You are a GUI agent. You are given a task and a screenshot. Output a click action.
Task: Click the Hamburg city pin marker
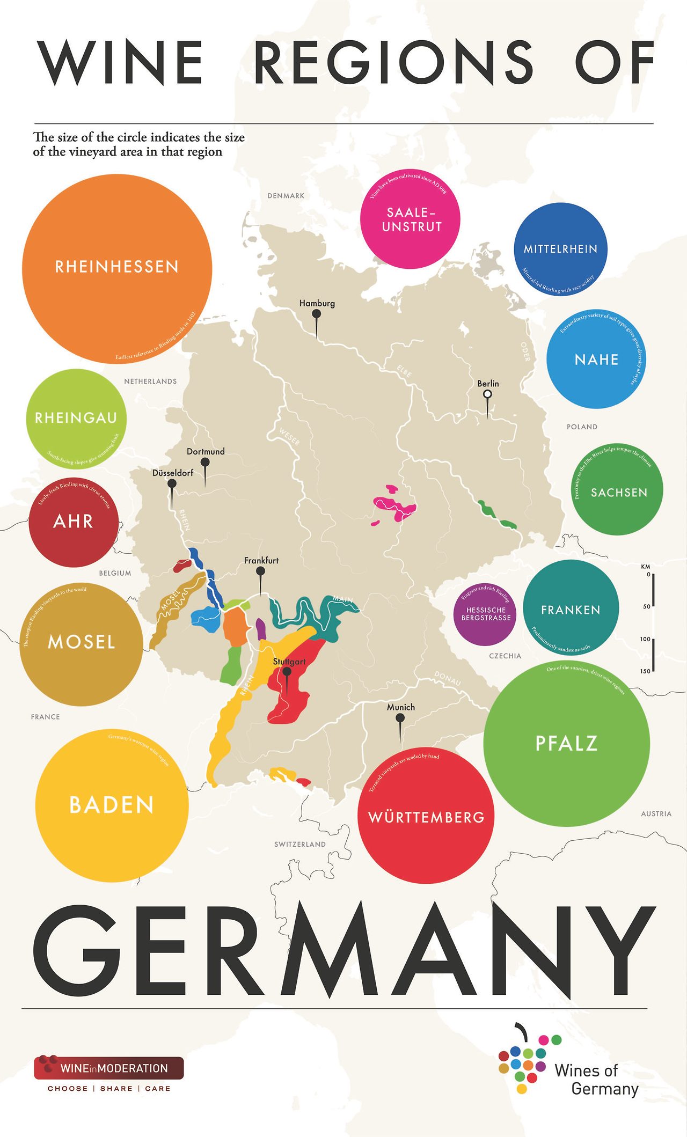click(x=317, y=314)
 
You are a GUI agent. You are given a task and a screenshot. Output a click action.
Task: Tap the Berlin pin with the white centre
click(x=487, y=394)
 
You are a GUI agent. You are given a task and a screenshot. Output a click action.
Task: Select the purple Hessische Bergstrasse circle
click(x=486, y=614)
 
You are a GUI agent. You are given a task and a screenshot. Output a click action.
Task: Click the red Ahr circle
click(x=74, y=522)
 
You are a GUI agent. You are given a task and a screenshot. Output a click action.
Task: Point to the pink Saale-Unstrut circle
click(x=410, y=219)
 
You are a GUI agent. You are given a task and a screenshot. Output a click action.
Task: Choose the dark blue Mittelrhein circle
click(x=560, y=249)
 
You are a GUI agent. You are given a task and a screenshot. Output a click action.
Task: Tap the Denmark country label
click(x=286, y=196)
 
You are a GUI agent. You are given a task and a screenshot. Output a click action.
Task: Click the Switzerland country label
click(x=299, y=844)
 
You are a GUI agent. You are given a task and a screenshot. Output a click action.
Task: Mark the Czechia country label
click(x=505, y=656)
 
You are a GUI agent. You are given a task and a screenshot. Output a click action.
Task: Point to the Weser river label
click(x=289, y=436)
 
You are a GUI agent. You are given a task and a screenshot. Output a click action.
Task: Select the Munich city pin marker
click(x=400, y=718)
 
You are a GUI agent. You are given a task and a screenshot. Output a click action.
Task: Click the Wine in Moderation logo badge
click(x=109, y=1068)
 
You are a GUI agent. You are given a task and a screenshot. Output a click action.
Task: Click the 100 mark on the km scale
click(x=645, y=639)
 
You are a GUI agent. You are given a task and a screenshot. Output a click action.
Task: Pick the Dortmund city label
click(x=206, y=451)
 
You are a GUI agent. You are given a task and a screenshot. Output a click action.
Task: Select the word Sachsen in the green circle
click(x=619, y=493)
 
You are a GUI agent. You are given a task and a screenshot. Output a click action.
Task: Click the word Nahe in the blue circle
click(x=596, y=360)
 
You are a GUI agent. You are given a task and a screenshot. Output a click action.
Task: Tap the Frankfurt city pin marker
click(x=261, y=572)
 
